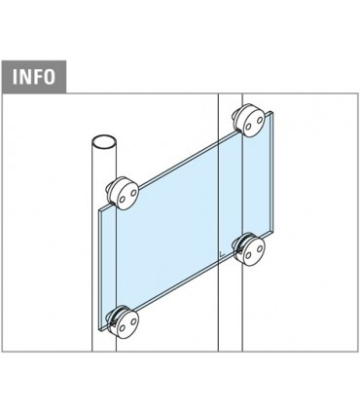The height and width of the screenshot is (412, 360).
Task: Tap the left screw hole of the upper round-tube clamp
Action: (119, 195)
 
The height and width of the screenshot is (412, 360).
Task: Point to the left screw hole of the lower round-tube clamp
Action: (118, 320)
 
